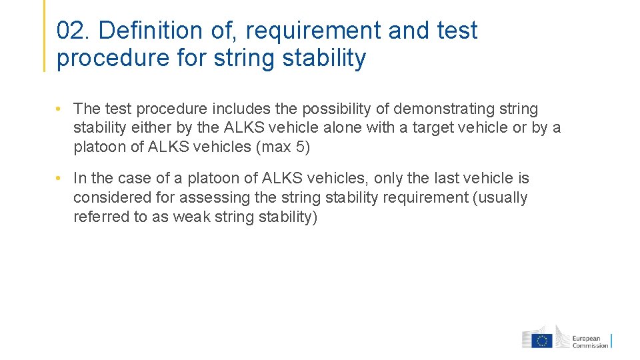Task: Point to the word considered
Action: click(x=109, y=197)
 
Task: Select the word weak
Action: click(x=191, y=217)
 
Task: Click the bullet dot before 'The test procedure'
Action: click(x=59, y=109)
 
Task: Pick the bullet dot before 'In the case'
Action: click(x=59, y=178)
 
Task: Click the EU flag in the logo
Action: click(x=541, y=341)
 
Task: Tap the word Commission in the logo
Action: click(x=591, y=345)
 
